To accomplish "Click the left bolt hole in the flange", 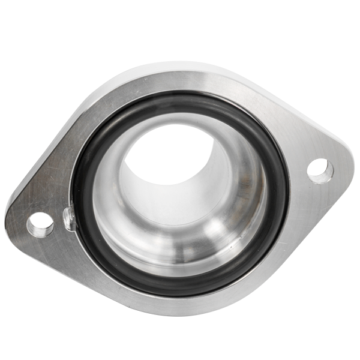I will (40, 224).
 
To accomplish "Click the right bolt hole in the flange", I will (320, 171).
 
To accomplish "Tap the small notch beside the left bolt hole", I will (68, 219).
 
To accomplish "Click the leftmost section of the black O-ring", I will (78, 198).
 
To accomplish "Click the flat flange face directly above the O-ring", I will (180, 81).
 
